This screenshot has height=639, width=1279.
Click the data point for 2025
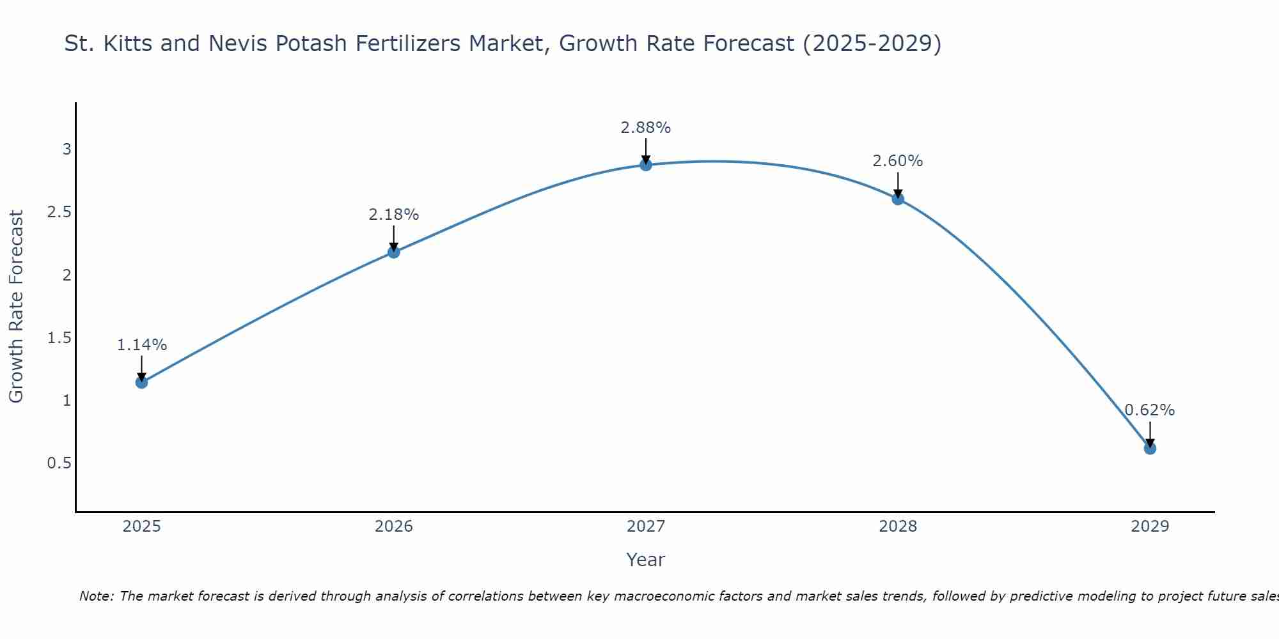(x=141, y=382)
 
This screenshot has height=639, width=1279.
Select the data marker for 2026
(x=394, y=252)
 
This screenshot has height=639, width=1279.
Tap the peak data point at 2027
(x=646, y=165)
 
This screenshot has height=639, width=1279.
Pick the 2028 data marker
(x=898, y=199)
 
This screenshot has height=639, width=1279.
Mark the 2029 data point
(x=1150, y=449)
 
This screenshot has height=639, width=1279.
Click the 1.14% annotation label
(x=141, y=345)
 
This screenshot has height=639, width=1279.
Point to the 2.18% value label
(x=394, y=215)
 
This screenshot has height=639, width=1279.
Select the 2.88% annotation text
(x=646, y=128)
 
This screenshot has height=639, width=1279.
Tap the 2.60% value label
(x=898, y=161)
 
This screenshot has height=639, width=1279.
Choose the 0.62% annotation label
(x=1150, y=410)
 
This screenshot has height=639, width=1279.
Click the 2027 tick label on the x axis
(x=646, y=527)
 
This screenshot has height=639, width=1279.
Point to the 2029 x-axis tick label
(x=1150, y=527)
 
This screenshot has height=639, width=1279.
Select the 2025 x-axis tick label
(x=141, y=527)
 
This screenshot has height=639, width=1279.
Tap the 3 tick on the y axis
(x=67, y=150)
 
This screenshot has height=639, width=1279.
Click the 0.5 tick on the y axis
(x=59, y=463)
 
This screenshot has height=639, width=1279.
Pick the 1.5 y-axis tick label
(x=59, y=337)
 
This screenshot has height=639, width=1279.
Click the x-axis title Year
(x=646, y=560)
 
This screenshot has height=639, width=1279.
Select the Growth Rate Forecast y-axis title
(x=16, y=307)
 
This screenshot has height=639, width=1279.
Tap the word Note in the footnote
(x=96, y=596)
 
